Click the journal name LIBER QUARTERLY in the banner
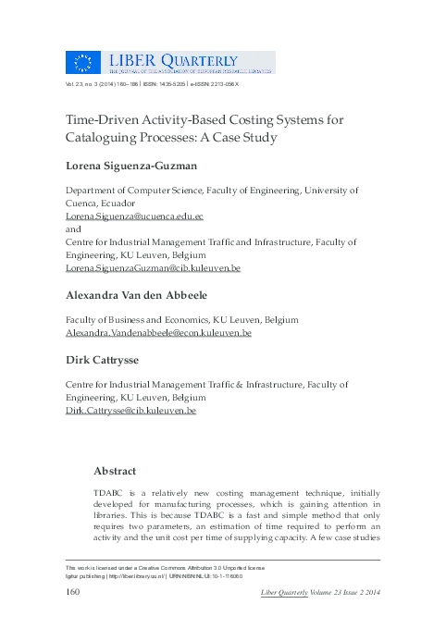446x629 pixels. pos(192,57)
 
